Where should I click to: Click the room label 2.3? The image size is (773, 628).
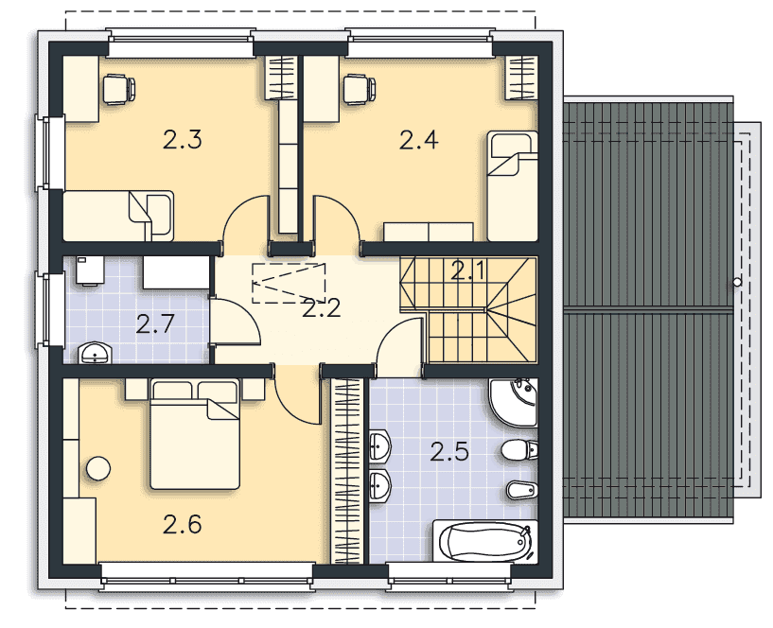click(183, 141)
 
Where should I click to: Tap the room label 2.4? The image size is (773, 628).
click(418, 141)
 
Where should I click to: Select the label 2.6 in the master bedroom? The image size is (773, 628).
click(183, 525)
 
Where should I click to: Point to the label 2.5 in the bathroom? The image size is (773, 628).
click(449, 452)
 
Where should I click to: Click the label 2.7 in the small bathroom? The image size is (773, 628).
click(155, 323)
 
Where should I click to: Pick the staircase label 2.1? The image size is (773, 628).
click(467, 271)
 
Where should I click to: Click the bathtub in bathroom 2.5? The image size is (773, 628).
click(485, 541)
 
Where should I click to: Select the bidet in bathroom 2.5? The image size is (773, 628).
click(522, 490)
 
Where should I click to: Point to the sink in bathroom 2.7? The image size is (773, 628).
click(96, 354)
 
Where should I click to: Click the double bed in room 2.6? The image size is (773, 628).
click(195, 434)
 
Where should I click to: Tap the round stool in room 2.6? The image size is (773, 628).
click(98, 468)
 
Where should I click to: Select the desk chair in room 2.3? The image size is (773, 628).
click(119, 89)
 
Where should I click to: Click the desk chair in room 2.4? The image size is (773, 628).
click(360, 89)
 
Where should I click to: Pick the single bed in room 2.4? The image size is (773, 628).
click(512, 185)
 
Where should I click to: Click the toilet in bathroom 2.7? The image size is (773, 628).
click(90, 270)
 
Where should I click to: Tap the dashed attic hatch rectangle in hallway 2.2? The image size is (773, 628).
click(289, 283)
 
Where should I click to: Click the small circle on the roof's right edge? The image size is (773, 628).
click(737, 283)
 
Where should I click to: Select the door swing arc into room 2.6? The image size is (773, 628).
click(289, 405)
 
